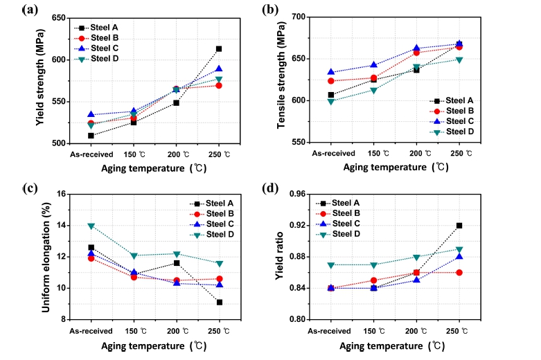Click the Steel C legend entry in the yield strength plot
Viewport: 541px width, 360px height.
104,48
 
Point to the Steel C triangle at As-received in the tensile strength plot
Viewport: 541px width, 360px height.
331,72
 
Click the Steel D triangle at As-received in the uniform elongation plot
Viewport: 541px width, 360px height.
91,226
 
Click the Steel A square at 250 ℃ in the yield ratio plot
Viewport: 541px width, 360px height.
459,226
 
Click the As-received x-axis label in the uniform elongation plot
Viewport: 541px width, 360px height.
91,331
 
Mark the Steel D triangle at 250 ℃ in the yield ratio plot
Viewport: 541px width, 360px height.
459,249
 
